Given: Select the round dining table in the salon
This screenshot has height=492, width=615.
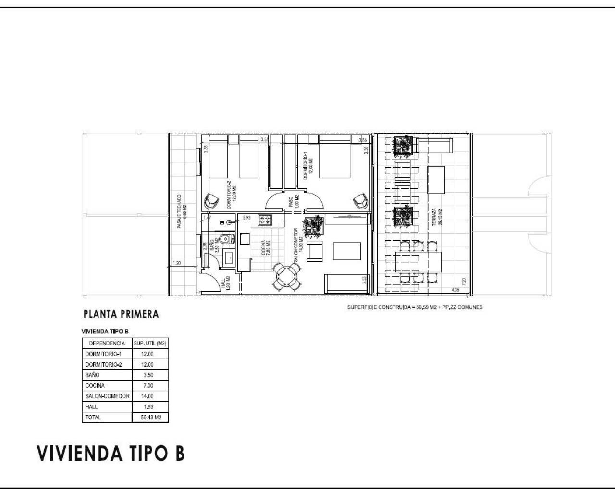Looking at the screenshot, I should pyautogui.click(x=286, y=276).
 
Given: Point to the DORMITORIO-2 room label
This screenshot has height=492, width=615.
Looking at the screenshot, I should pyautogui.click(x=232, y=195).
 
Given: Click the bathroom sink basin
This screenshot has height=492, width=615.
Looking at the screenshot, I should pyautogui.click(x=228, y=257).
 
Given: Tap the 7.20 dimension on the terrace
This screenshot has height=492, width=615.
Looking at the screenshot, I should pyautogui.click(x=463, y=281).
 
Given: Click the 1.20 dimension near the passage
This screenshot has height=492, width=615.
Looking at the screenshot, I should pyautogui.click(x=177, y=263).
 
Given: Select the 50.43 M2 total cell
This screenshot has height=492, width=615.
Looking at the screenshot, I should pyautogui.click(x=150, y=418).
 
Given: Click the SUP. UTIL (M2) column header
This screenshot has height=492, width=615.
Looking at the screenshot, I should pyautogui.click(x=150, y=344).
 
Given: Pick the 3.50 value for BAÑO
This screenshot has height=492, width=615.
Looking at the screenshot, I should pyautogui.click(x=149, y=375).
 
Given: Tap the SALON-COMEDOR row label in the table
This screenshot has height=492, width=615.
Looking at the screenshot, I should pyautogui.click(x=107, y=396).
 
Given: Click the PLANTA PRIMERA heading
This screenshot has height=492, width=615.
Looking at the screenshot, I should pyautogui.click(x=121, y=314).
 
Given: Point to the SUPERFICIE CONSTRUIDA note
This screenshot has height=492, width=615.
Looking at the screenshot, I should pyautogui.click(x=415, y=307).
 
